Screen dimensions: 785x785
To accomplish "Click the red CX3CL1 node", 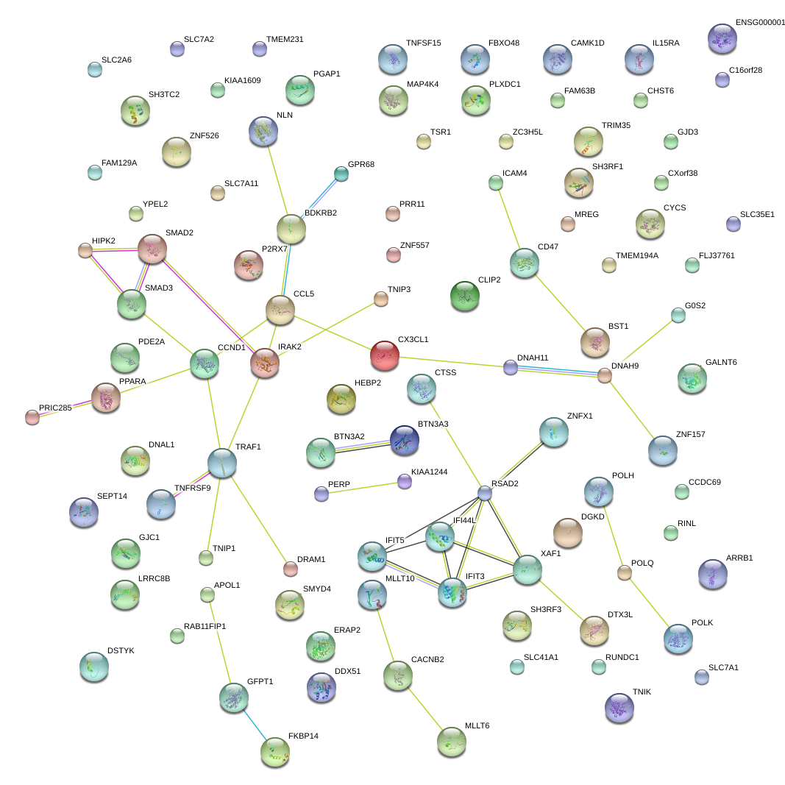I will pos(384,355).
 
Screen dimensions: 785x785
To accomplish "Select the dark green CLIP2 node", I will pos(464,295).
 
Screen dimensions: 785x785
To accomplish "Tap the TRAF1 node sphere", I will pos(221,462).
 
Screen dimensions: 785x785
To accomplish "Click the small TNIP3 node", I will pos(380,298).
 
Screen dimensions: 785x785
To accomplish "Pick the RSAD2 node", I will pos(484,493).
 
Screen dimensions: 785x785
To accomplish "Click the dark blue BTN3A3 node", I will pos(404,439).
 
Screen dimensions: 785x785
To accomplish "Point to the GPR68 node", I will pos(341,174).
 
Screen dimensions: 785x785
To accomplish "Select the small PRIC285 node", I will pos(32,417).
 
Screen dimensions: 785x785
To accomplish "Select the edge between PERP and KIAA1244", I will pos(363,488).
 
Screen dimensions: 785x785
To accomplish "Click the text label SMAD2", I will pos(179,232).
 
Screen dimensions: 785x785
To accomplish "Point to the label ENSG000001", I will pos(760,23).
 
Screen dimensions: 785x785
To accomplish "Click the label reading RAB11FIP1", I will pos(205,626).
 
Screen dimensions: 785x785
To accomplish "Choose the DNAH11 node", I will pos(511,367).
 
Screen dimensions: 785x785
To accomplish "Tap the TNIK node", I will pos(619,707).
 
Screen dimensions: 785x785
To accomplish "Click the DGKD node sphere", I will pos(567,531).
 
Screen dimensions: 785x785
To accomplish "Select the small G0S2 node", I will pos(678,315).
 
